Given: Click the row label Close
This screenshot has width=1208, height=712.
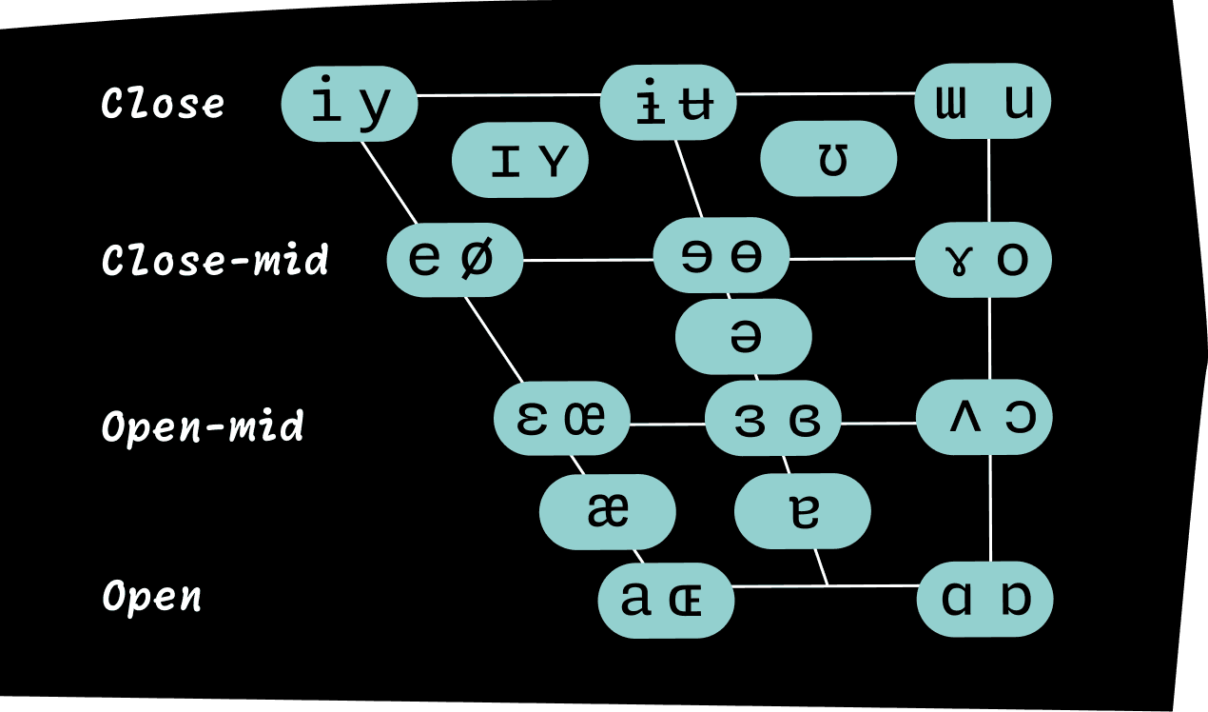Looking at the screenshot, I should (x=163, y=104).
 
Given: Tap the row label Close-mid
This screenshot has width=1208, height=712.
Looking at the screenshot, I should (x=215, y=260).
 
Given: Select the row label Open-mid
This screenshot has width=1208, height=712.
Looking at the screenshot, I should (x=203, y=427).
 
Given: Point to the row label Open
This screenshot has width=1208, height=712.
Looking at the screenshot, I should (x=152, y=597).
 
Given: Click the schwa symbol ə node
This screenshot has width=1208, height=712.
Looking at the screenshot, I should (x=744, y=337).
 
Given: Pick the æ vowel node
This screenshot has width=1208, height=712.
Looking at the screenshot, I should (x=608, y=512).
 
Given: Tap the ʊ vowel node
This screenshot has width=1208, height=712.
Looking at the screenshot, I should (x=829, y=159).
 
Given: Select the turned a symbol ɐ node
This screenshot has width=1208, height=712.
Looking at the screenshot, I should (x=803, y=511).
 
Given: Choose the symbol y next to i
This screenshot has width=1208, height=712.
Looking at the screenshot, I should (x=376, y=105).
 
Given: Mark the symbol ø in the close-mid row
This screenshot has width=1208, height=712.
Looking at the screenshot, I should (x=477, y=259).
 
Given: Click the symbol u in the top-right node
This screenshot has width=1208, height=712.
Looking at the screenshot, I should (x=1019, y=102).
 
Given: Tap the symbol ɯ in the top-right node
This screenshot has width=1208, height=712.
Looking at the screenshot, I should (x=950, y=102).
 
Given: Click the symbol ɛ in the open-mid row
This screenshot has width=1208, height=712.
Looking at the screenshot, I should (x=532, y=419).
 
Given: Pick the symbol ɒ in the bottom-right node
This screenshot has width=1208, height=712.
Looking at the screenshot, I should (x=1017, y=599).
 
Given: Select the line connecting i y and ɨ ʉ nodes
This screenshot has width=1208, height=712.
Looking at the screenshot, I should (x=509, y=95).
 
